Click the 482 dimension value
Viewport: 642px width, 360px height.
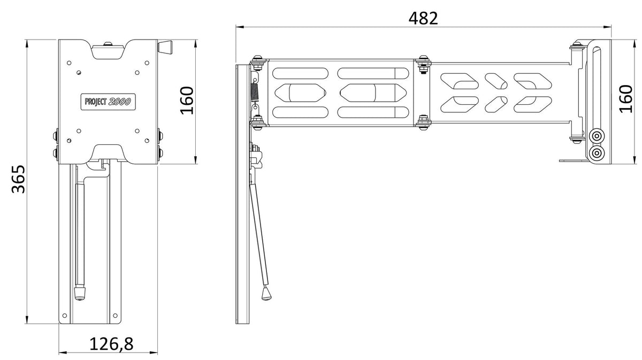(423, 18)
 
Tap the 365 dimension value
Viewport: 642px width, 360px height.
(19, 179)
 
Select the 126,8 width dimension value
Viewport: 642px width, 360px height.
(111, 344)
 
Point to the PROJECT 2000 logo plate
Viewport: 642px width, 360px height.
(108, 102)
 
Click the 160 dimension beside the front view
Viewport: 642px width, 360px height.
(187, 101)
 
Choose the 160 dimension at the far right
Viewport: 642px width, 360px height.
(625, 99)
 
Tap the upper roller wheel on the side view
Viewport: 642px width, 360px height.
(597, 135)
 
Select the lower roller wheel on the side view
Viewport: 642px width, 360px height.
(597, 153)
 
